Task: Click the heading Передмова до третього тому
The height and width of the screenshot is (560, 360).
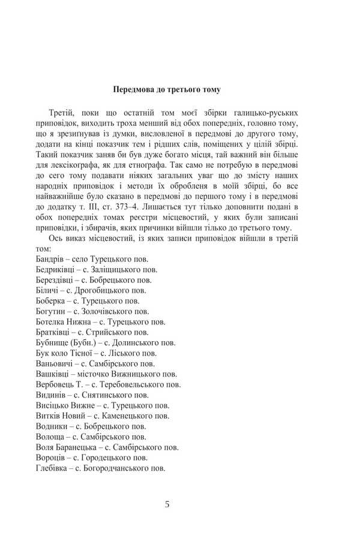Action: pyautogui.click(x=167, y=90)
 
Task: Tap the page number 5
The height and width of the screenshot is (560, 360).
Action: pyautogui.click(x=167, y=504)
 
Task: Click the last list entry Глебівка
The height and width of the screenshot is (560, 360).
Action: pyautogui.click(x=101, y=468)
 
